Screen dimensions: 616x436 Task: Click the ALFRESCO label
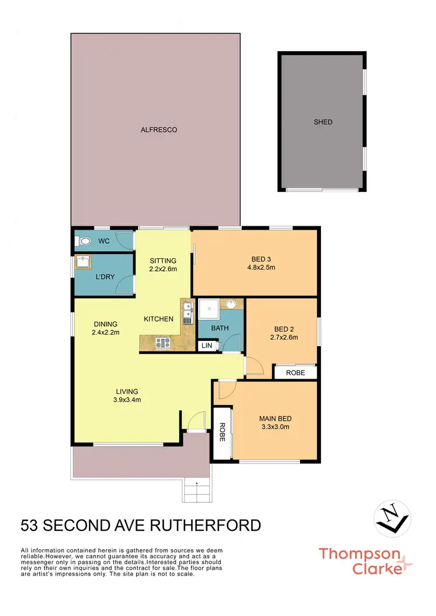pyautogui.click(x=159, y=130)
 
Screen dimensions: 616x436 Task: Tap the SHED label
pyautogui.click(x=323, y=122)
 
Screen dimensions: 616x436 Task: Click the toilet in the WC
pyautogui.click(x=84, y=241)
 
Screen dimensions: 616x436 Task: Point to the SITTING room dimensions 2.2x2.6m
pyautogui.click(x=163, y=269)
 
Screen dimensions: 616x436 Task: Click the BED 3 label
pyautogui.click(x=261, y=259)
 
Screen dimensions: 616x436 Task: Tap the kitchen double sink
pyautogui.click(x=187, y=312)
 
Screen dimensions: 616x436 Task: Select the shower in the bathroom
pyautogui.click(x=208, y=311)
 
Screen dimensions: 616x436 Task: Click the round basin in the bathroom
pyautogui.click(x=231, y=304)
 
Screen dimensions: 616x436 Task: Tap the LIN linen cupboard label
pyautogui.click(x=206, y=346)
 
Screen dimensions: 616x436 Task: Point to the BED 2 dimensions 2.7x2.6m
pyautogui.click(x=284, y=337)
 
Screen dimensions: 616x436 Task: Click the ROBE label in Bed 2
pyautogui.click(x=295, y=372)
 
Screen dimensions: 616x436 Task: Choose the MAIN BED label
pyautogui.click(x=275, y=418)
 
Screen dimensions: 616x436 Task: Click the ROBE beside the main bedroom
pyautogui.click(x=221, y=432)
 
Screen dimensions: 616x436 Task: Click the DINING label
pyautogui.click(x=105, y=324)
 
